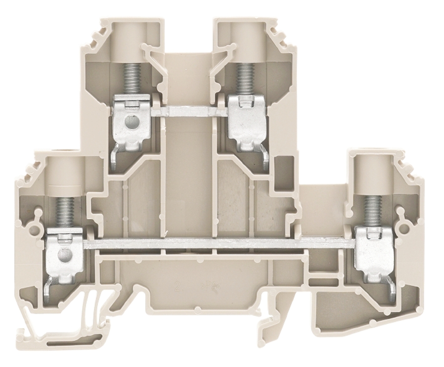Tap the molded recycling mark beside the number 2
coord(206,286)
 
